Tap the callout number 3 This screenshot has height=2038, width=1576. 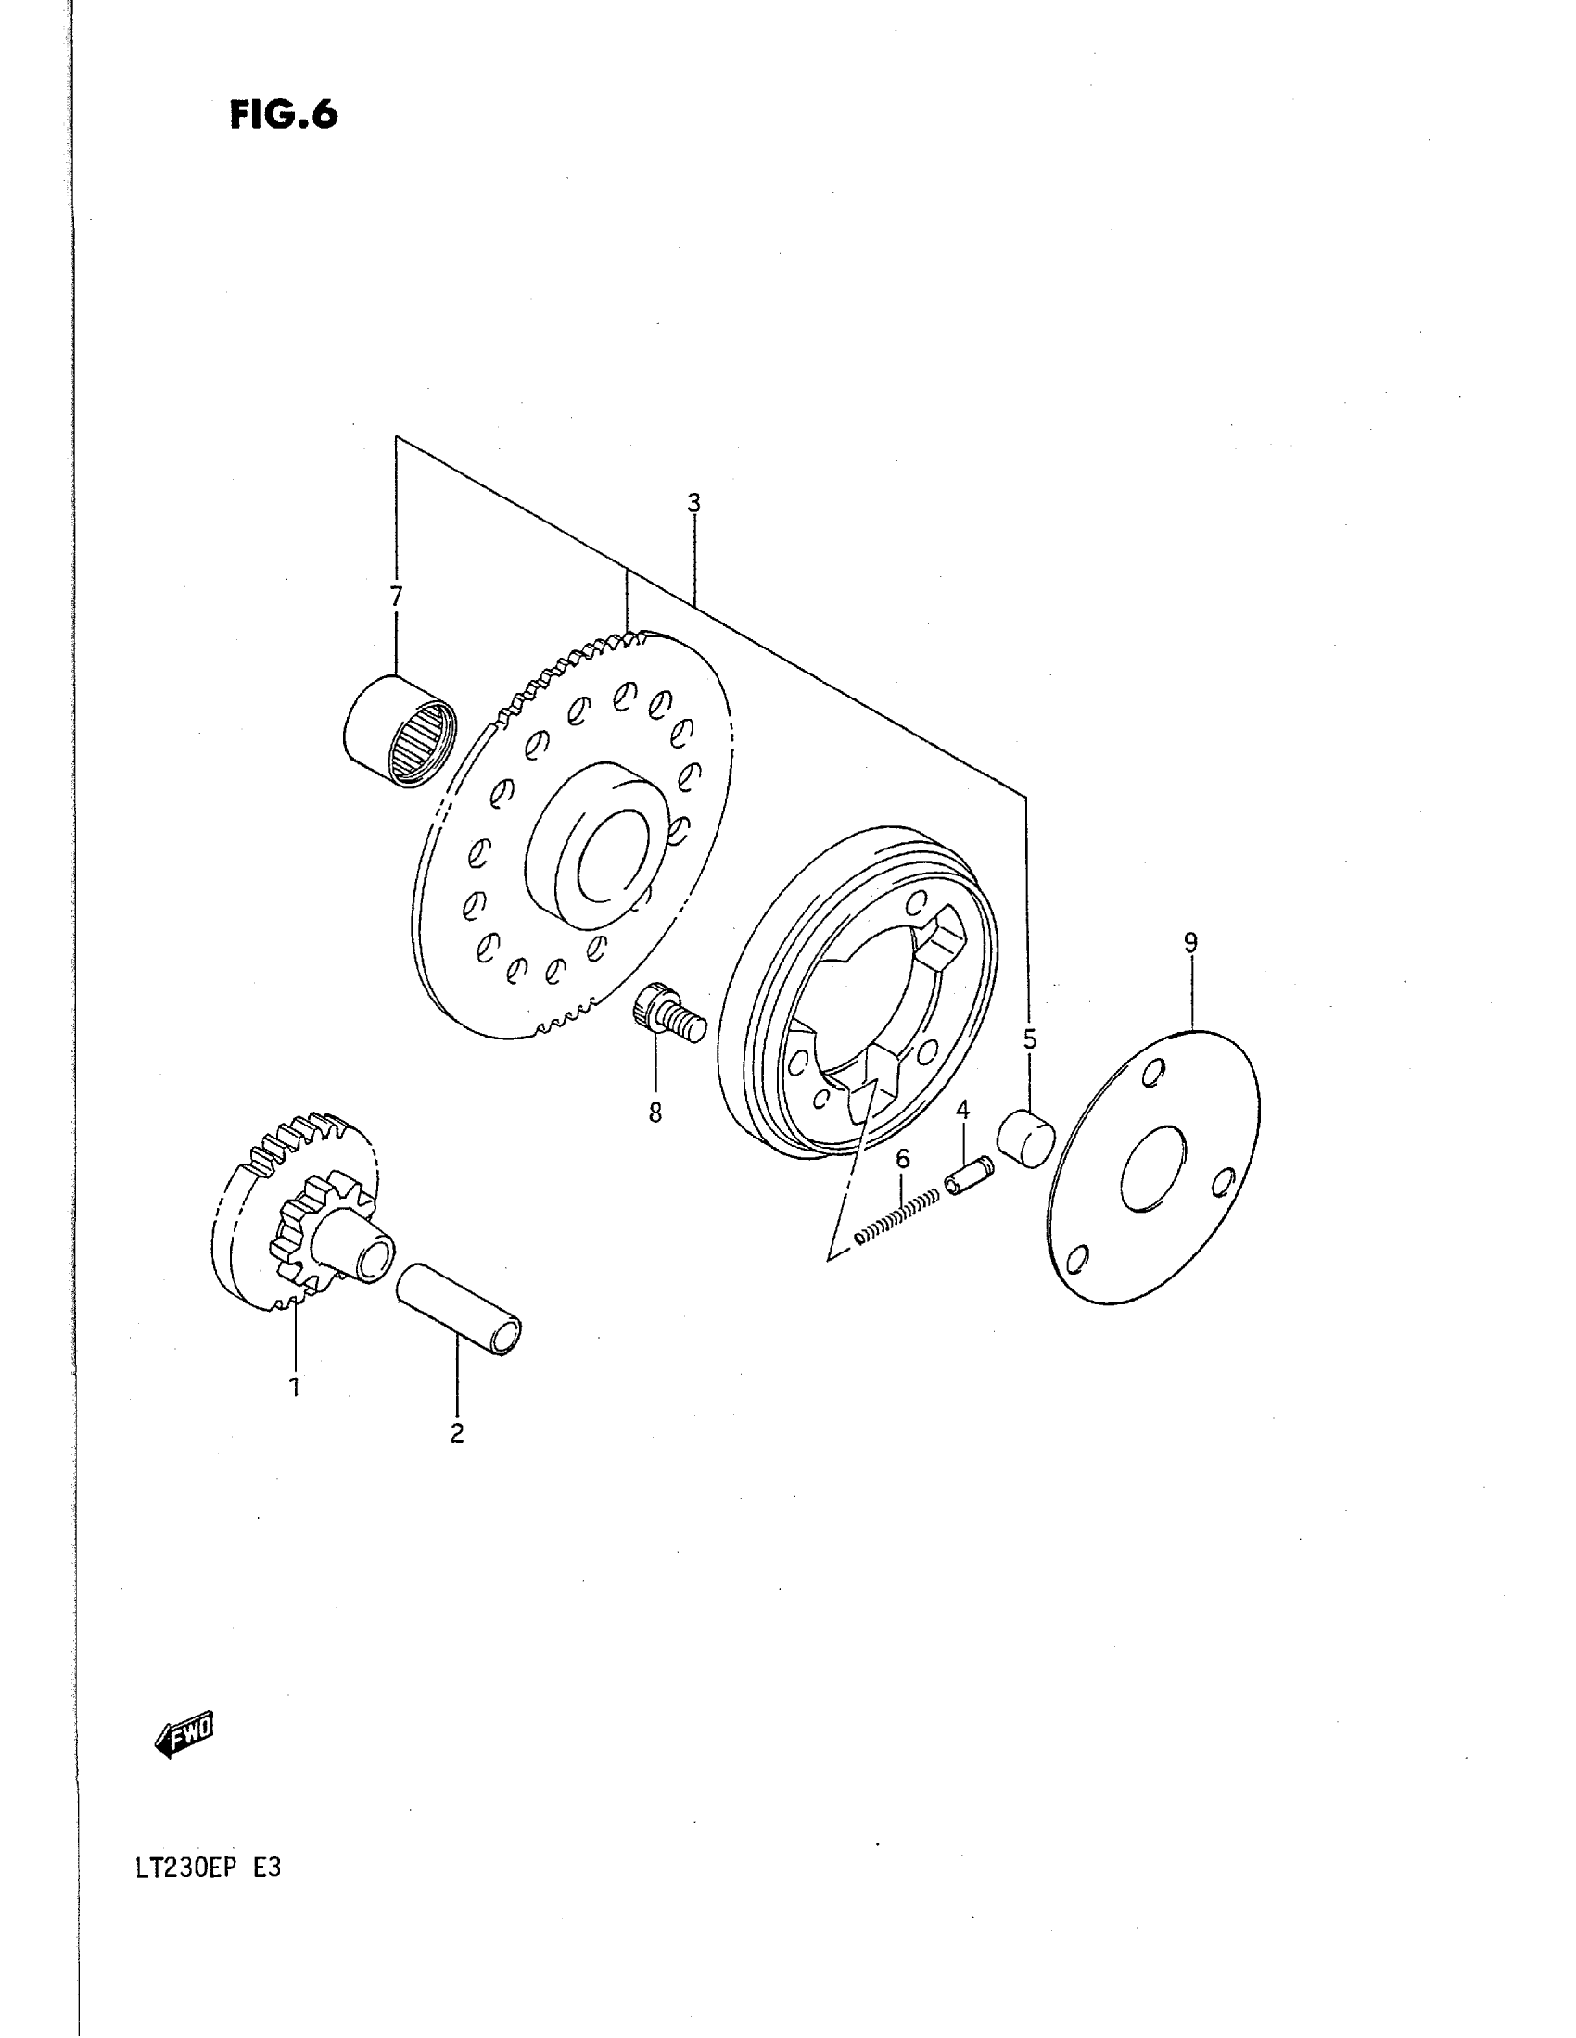pos(693,504)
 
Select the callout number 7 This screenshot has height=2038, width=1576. pos(396,597)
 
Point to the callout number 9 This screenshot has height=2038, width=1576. pos(1189,943)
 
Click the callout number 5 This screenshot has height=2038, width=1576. pos(1030,1038)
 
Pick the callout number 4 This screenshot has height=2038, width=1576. pos(962,1111)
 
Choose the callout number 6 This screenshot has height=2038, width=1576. pos(902,1160)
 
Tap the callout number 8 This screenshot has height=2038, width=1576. pos(655,1113)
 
